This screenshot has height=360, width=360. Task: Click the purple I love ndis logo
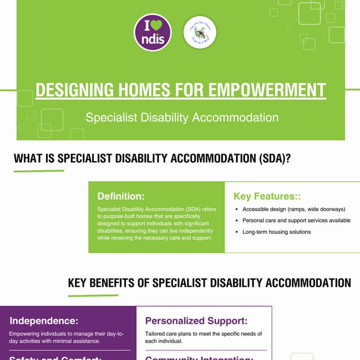tap(152, 33)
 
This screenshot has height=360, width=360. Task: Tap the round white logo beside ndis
tap(200, 33)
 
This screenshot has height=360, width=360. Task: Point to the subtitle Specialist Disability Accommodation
tap(182, 118)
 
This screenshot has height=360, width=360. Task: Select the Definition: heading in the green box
tap(121, 196)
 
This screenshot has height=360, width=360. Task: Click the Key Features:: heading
tap(267, 196)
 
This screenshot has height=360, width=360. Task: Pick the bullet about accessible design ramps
tap(293, 209)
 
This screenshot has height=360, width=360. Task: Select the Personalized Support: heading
tap(196, 321)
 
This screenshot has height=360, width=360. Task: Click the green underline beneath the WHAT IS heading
tap(39, 170)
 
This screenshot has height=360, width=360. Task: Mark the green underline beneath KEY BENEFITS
tap(93, 295)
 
